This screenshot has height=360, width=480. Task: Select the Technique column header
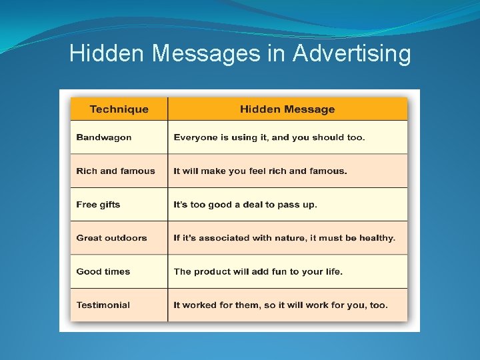coord(119,109)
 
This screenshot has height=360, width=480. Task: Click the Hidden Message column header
coord(287,109)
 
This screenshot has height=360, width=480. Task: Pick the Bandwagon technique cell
coord(104,137)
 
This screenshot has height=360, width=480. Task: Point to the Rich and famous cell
coord(115,171)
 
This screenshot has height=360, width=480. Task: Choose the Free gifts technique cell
coord(98,205)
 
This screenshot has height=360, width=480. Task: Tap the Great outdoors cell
coord(111,238)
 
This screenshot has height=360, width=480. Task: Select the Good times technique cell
coord(103,271)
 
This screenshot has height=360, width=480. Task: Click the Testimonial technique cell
coord(103,305)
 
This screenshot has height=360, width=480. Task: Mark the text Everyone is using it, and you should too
coord(269,137)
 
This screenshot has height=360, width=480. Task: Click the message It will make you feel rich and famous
coord(260,171)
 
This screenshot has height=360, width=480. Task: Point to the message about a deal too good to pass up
coord(245,205)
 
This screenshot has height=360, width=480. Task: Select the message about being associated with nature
coord(284,238)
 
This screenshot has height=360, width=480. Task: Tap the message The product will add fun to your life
coord(258,271)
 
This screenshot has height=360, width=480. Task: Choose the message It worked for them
coord(280,305)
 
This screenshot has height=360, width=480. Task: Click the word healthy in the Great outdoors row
coord(378,238)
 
